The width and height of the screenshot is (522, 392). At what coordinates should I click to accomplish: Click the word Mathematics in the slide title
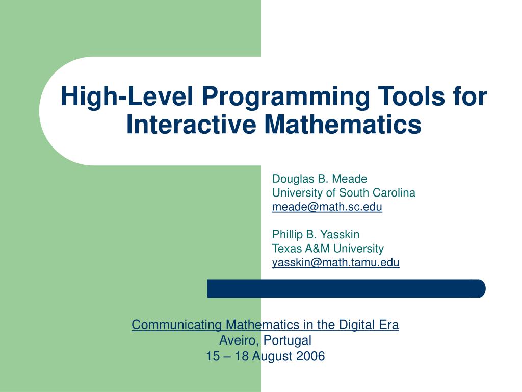[x=343, y=124]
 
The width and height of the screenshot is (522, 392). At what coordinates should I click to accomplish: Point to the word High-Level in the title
[x=124, y=97]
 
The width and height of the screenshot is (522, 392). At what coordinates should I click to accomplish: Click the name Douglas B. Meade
[x=319, y=179]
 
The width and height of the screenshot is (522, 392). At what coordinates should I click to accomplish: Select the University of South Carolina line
[x=344, y=193]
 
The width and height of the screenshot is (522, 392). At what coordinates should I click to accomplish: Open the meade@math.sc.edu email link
[x=327, y=207]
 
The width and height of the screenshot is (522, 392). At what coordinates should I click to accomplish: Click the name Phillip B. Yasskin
[x=316, y=235]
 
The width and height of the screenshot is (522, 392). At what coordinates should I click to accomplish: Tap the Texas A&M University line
[x=328, y=249]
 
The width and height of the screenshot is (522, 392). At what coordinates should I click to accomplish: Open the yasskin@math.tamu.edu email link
[x=335, y=263]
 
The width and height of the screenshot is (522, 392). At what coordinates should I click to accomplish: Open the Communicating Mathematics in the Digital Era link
[x=265, y=325]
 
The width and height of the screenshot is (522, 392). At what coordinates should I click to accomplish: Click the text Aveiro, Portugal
[x=265, y=340]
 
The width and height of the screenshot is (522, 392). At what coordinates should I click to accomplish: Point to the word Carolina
[x=394, y=193]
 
